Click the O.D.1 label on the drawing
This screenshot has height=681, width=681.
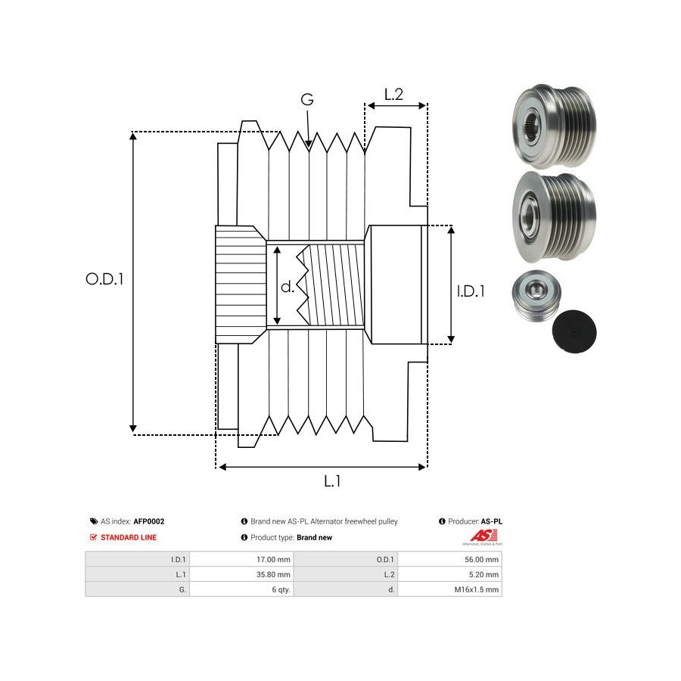coord(104,278)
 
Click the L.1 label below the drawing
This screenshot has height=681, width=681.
coord(333,480)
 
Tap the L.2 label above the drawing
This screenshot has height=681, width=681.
coord(393,95)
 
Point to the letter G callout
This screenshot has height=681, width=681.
coord(307,100)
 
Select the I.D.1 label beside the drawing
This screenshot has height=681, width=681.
coord(471,291)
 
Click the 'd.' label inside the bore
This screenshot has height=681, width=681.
coord(288,287)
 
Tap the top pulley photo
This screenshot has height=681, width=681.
coord(554,126)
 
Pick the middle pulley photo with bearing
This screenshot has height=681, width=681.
coord(554,216)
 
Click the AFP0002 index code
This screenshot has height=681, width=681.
coord(149,521)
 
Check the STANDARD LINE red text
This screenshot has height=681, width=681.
coord(129,538)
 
